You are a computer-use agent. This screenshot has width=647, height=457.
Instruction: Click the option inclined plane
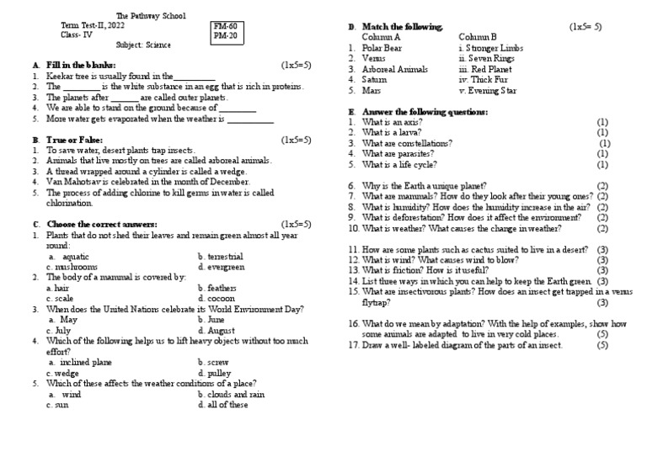point(80,362)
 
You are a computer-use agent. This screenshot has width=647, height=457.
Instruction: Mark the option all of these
point(223,405)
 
